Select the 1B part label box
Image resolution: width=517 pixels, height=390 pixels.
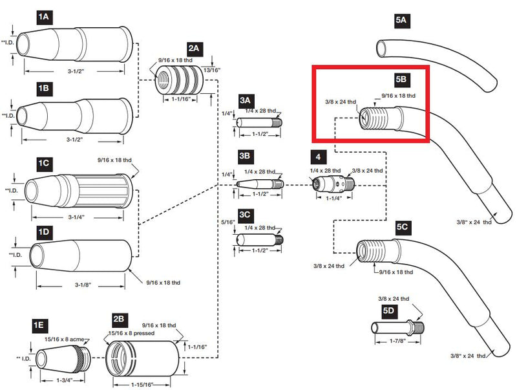coord(44,86)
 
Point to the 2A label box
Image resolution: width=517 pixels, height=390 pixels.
coord(193,49)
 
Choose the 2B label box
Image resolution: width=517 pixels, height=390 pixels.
coord(119,320)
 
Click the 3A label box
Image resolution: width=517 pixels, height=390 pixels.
coord(245,100)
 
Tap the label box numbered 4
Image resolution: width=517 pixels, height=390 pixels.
coord(317,157)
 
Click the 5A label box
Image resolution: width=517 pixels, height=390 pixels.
coord(401,21)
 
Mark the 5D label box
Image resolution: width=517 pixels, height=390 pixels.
coord(388,311)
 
